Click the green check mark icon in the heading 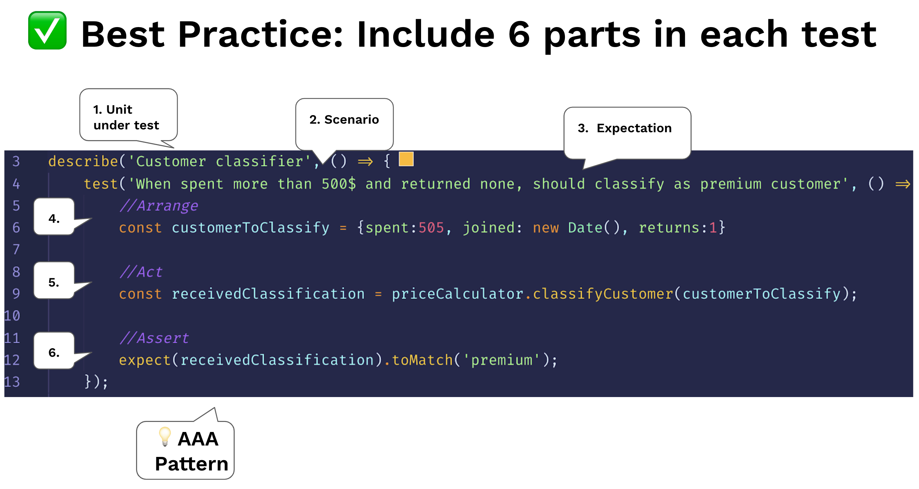(x=47, y=30)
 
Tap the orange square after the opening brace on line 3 (x=406, y=159)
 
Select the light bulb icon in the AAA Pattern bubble (x=165, y=436)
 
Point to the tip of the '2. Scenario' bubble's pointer (x=323, y=164)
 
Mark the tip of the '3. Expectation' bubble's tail (x=583, y=169)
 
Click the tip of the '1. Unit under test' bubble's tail (x=174, y=148)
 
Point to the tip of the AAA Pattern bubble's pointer (x=214, y=408)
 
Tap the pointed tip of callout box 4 (x=92, y=218)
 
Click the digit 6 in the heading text (x=519, y=34)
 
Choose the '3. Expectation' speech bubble (x=627, y=133)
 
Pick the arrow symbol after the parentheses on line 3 (x=365, y=162)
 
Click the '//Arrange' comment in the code (x=159, y=206)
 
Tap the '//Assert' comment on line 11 (x=154, y=338)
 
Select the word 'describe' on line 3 (x=83, y=161)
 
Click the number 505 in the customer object (x=431, y=228)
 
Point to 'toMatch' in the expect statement (x=422, y=360)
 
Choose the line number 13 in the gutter (x=12, y=382)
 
